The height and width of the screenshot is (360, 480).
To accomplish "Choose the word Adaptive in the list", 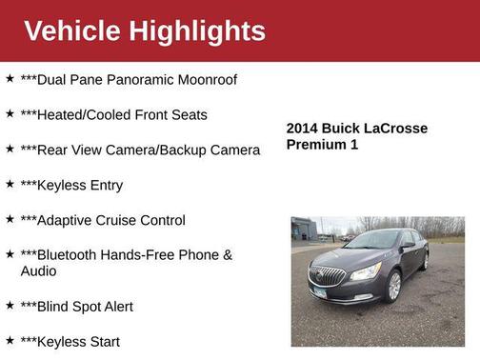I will pyautogui.click(x=65, y=220).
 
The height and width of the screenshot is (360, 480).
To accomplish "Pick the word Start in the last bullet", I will pyautogui.click(x=101, y=341).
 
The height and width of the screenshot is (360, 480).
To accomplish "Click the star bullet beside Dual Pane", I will pyautogui.click(x=10, y=78).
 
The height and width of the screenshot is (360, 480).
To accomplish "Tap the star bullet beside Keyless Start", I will pyautogui.click(x=10, y=340).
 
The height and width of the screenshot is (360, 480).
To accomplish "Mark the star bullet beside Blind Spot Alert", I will pyautogui.click(x=10, y=306).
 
